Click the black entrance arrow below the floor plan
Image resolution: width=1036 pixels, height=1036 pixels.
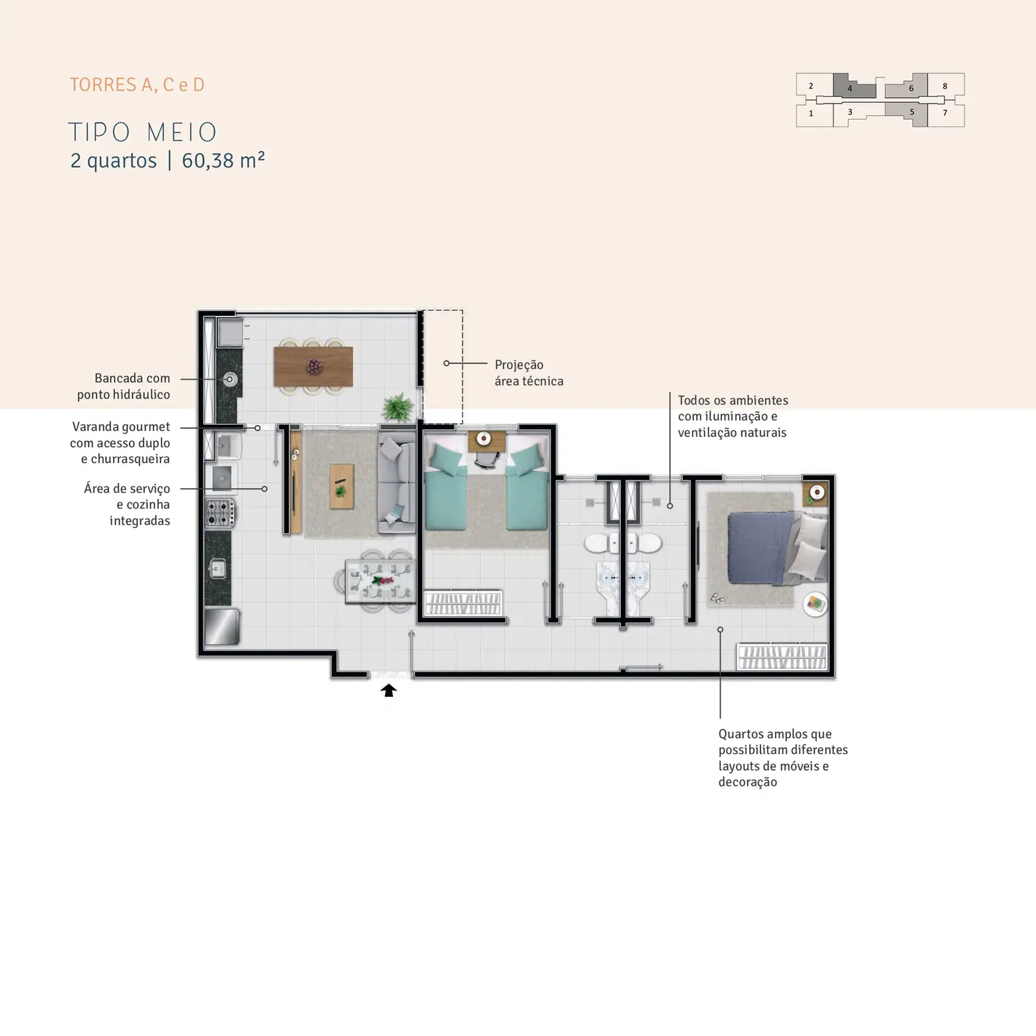pyautogui.click(x=389, y=690)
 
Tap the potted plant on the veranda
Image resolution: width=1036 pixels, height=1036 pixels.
pyautogui.click(x=398, y=406)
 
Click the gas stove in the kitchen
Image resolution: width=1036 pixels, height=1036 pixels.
pyautogui.click(x=220, y=513)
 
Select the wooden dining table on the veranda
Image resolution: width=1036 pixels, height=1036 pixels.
pyautogui.click(x=313, y=367)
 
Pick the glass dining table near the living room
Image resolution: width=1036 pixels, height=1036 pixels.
pyautogui.click(x=381, y=581)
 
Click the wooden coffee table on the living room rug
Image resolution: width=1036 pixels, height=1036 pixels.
pyautogui.click(x=341, y=486)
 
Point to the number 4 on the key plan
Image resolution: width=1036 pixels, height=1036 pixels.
pyautogui.click(x=849, y=89)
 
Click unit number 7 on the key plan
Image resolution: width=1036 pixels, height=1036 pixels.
pyautogui.click(x=945, y=113)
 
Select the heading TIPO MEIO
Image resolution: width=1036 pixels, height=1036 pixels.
pyautogui.click(x=143, y=132)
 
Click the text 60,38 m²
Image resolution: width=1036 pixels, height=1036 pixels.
pyautogui.click(x=223, y=160)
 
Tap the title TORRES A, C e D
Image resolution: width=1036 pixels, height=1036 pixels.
pyautogui.click(x=137, y=85)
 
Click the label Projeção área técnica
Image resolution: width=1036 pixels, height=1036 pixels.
pyautogui.click(x=529, y=373)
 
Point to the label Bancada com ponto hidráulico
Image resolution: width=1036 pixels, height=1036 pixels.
pyautogui.click(x=124, y=386)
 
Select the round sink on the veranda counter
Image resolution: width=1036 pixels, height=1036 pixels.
pyautogui.click(x=230, y=379)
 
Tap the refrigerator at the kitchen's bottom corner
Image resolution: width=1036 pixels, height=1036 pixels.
pyautogui.click(x=222, y=627)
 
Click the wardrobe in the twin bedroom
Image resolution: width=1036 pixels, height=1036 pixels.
pyautogui.click(x=462, y=603)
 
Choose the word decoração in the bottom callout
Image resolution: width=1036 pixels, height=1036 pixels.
pyautogui.click(x=748, y=782)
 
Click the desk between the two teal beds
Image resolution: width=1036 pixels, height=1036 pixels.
pyautogui.click(x=486, y=441)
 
